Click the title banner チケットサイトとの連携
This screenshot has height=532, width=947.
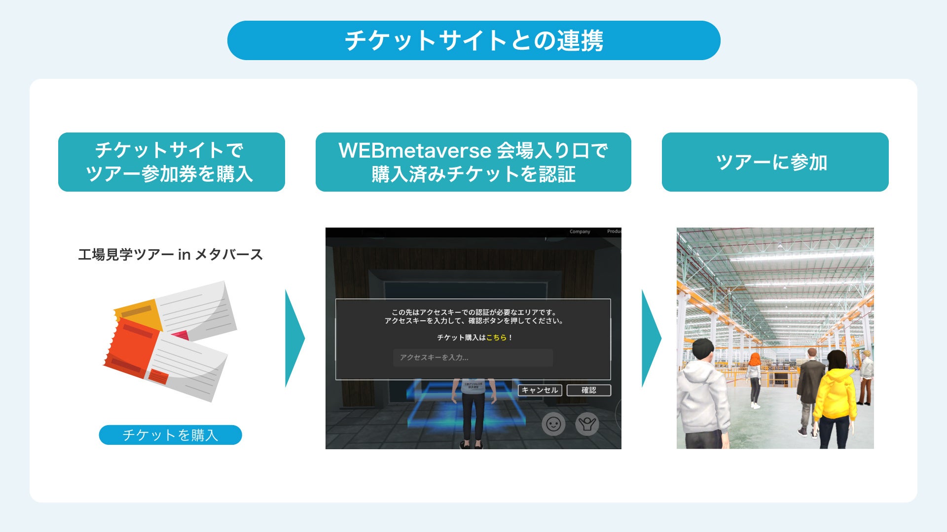tap(473, 40)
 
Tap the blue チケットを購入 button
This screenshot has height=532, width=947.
tap(170, 435)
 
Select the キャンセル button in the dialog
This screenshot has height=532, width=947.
tap(540, 390)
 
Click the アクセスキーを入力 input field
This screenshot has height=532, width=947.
tap(473, 358)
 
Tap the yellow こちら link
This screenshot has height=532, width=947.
tap(496, 337)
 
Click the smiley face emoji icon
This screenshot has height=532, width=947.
tap(553, 424)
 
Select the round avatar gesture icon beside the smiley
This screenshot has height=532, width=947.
tap(587, 424)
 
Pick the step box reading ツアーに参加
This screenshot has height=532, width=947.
tap(775, 162)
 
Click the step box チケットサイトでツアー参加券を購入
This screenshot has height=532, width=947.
tap(171, 162)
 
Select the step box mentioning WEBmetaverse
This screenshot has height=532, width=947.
tap(473, 162)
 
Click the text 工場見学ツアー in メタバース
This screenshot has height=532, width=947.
tap(170, 255)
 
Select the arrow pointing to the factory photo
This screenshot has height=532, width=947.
tap(650, 338)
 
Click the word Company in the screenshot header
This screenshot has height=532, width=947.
tap(580, 232)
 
